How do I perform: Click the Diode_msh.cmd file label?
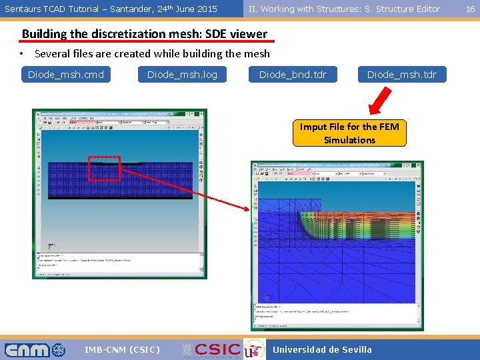(x=66, y=74)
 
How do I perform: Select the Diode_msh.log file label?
(x=182, y=74)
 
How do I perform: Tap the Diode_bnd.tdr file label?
(x=293, y=74)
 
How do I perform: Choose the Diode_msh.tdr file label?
(x=401, y=74)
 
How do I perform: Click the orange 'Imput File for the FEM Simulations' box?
(x=349, y=133)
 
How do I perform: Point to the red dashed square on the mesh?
(x=104, y=168)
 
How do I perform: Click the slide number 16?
(x=470, y=9)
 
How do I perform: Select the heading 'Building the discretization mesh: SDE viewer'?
(x=145, y=34)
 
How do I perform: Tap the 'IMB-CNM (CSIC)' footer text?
(x=123, y=349)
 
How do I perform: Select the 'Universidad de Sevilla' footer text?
(x=323, y=349)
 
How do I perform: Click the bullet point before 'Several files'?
(x=22, y=54)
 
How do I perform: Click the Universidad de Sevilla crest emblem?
(x=251, y=349)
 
